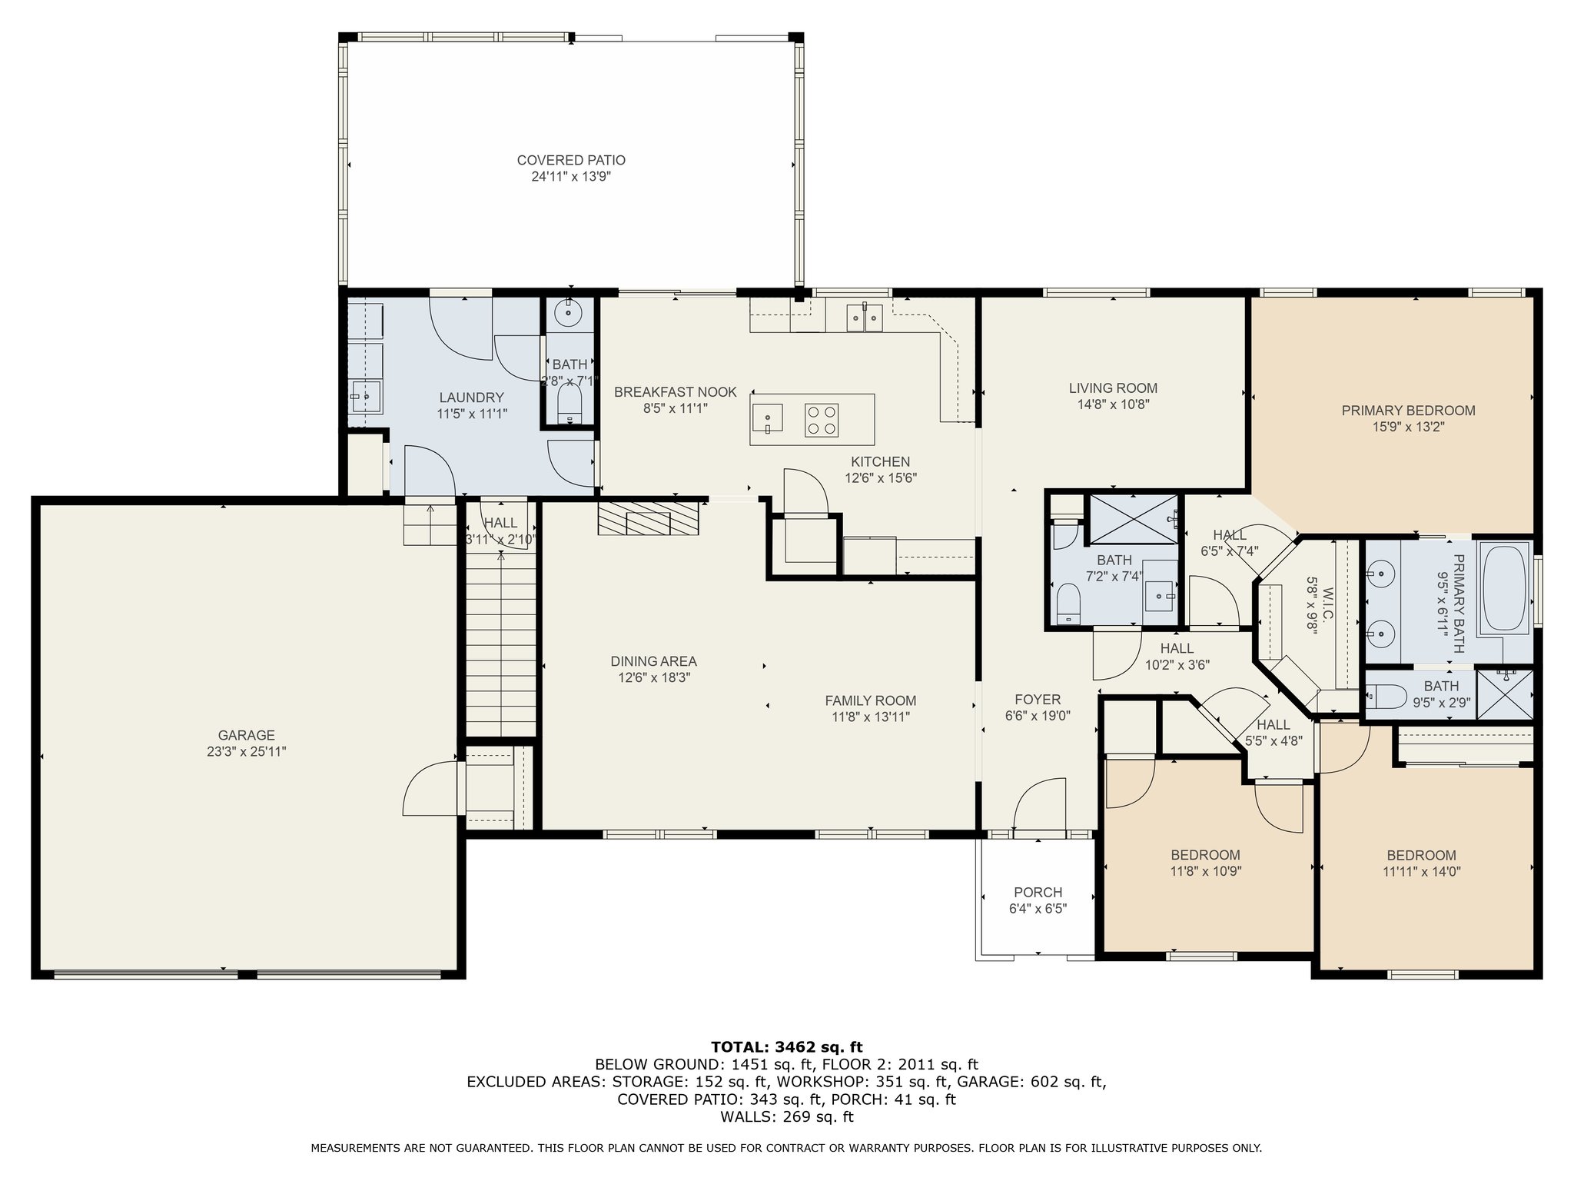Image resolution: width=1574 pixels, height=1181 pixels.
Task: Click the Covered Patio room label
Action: [571, 160]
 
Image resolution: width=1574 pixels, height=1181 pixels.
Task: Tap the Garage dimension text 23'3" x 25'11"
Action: [246, 752]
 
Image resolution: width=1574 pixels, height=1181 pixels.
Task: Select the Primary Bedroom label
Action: [1408, 411]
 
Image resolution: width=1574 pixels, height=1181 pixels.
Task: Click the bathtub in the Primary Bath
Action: [1505, 588]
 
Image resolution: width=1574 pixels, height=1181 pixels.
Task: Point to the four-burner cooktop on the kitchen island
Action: [821, 420]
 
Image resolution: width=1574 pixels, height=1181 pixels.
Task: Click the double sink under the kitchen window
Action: [865, 317]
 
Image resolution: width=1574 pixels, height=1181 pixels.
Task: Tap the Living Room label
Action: [1113, 388]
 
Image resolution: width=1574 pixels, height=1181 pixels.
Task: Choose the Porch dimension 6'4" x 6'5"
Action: [1038, 909]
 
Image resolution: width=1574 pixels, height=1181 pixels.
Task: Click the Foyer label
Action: [1038, 700]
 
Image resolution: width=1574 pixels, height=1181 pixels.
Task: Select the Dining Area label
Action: [653, 661]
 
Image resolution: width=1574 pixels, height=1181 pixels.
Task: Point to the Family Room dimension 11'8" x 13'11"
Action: [871, 717]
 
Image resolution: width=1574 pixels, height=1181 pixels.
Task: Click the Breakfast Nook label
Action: [676, 392]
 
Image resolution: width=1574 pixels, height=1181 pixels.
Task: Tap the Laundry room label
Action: [471, 398]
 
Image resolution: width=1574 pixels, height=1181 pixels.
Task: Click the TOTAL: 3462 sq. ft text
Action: [786, 1047]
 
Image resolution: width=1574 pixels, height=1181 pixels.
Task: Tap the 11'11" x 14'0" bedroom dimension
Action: [1421, 872]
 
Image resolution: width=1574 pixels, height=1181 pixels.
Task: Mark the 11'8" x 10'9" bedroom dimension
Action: [1205, 872]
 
